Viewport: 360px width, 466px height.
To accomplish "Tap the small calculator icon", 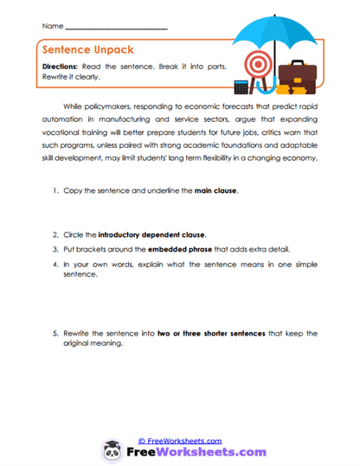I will coord(241,86).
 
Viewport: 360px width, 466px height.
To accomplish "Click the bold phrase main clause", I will coord(214,189).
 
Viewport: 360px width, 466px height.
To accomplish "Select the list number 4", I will coord(54,263).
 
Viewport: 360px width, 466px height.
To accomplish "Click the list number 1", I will coord(54,189).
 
